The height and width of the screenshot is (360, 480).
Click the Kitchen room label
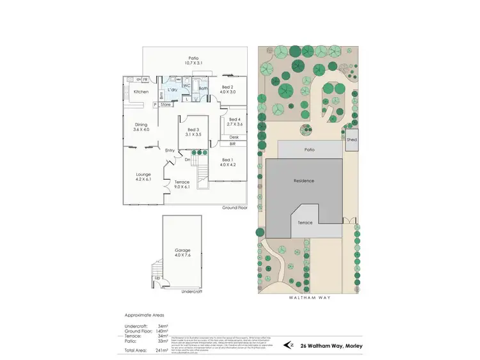tap(141, 91)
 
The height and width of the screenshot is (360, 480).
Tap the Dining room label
tap(141, 125)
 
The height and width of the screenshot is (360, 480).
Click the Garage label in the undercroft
tap(183, 250)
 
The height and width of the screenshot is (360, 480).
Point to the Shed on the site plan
tap(351, 139)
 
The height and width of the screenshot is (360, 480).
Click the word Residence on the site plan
tap(304, 181)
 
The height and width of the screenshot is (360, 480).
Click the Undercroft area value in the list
tap(163, 326)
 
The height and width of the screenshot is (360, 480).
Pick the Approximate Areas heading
tap(145, 316)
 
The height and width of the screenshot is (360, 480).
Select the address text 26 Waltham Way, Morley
tap(326, 346)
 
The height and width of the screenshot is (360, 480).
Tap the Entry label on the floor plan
tap(170, 150)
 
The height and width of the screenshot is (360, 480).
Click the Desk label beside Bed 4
tap(234, 137)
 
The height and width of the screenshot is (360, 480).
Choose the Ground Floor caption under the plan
tap(234, 208)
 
